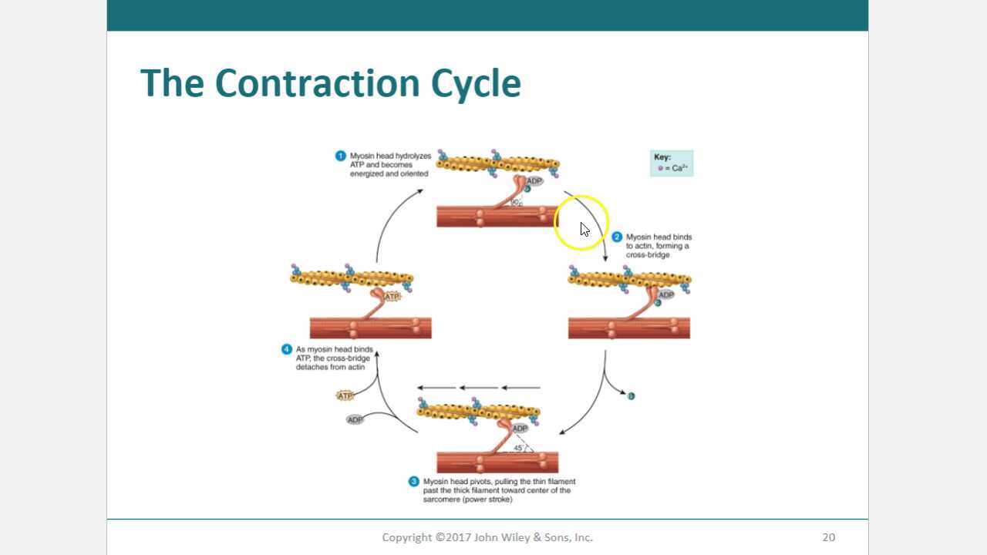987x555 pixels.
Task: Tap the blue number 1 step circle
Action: pyautogui.click(x=340, y=156)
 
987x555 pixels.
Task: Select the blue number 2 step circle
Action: pyautogui.click(x=616, y=237)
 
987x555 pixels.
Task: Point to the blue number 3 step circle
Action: pyautogui.click(x=413, y=482)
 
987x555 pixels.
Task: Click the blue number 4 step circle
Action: pyautogui.click(x=287, y=349)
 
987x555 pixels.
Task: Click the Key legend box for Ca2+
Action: pyautogui.click(x=671, y=163)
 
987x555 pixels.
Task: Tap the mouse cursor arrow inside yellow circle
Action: pyautogui.click(x=584, y=229)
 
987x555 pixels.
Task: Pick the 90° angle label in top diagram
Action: pyautogui.click(x=515, y=202)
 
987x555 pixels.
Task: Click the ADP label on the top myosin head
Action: pyautogui.click(x=534, y=181)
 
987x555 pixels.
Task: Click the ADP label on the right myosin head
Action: pyautogui.click(x=666, y=294)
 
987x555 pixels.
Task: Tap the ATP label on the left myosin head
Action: pyautogui.click(x=392, y=296)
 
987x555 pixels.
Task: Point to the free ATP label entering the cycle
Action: pyautogui.click(x=345, y=395)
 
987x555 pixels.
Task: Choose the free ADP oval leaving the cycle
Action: pyautogui.click(x=355, y=420)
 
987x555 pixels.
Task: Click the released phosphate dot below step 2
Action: pyautogui.click(x=631, y=396)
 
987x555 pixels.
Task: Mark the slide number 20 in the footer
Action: pyautogui.click(x=828, y=537)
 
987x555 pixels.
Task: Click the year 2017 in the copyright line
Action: pyautogui.click(x=464, y=537)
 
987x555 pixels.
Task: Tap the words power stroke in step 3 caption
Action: pyautogui.click(x=487, y=499)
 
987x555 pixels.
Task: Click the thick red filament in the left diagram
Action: pyautogui.click(x=370, y=328)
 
